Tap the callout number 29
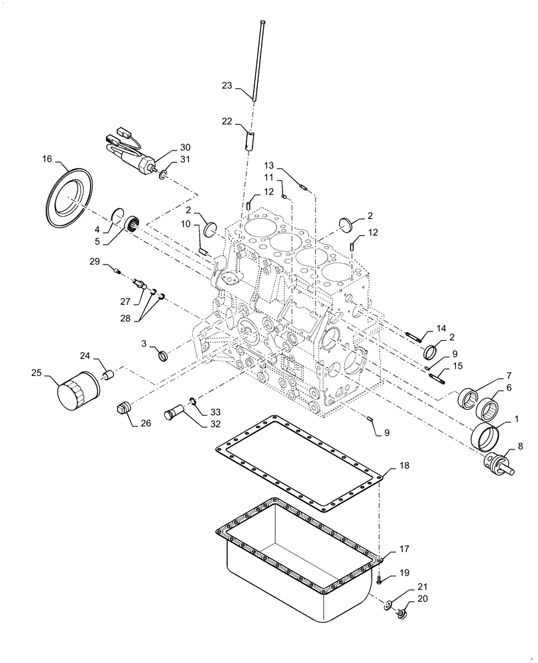click(x=93, y=263)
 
